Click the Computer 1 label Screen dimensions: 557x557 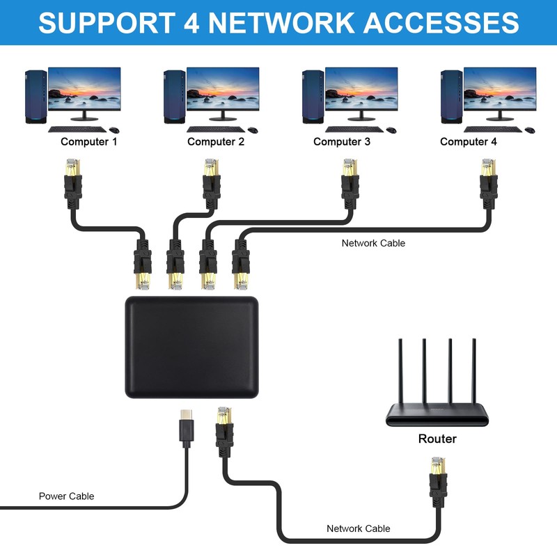(89, 142)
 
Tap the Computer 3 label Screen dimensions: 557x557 (341, 142)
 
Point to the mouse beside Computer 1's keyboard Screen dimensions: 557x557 (113, 130)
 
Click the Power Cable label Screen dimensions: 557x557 (66, 496)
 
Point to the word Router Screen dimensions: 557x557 (437, 439)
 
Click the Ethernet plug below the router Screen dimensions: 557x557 (437, 480)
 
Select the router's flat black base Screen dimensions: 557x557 (437, 418)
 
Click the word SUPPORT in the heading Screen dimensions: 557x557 (102, 22)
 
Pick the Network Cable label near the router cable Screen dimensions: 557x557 (359, 528)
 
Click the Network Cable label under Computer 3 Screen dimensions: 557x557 (373, 243)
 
